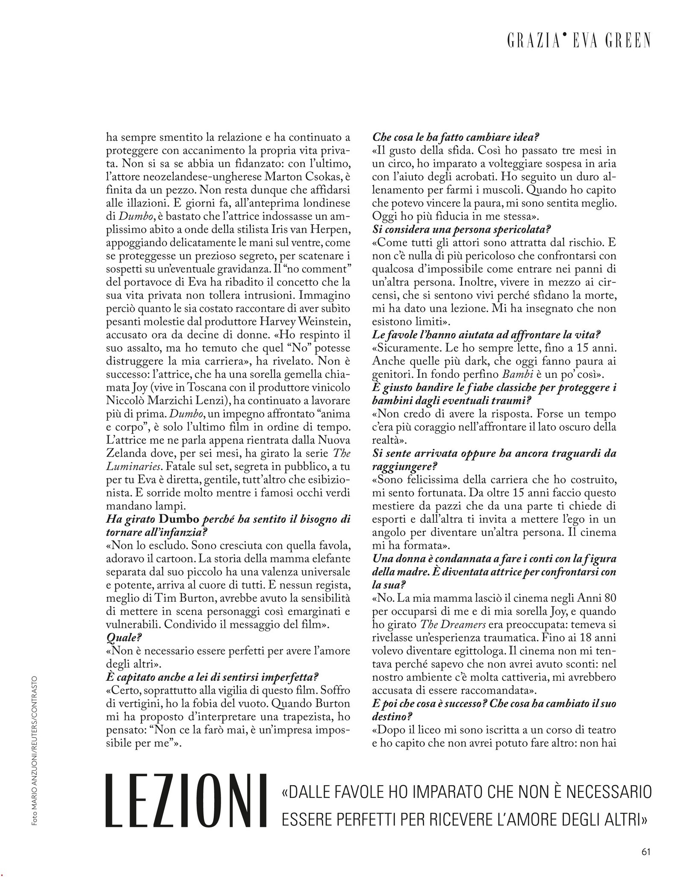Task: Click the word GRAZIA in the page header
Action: click(531, 41)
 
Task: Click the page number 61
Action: click(646, 851)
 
